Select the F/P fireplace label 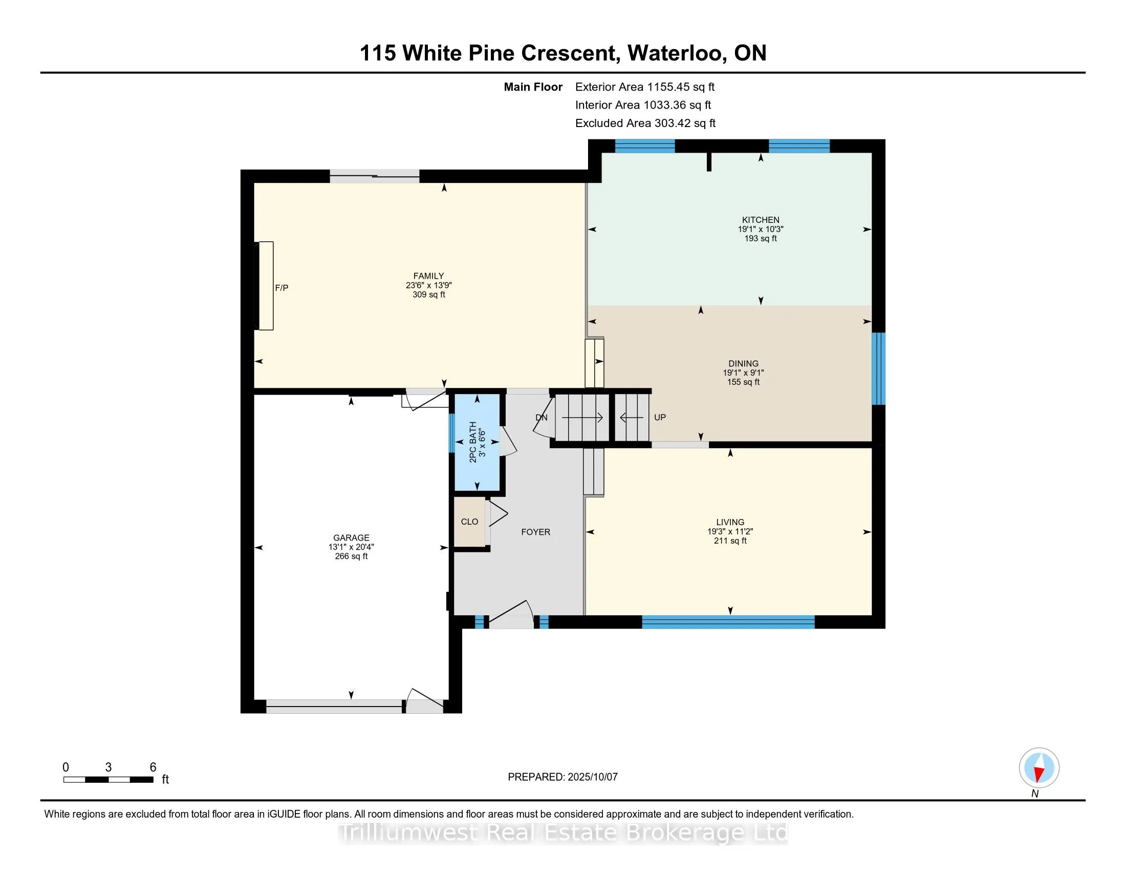[x=281, y=288]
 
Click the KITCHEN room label [x=761, y=220]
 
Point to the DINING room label [x=744, y=363]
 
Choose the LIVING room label [x=730, y=522]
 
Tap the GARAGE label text [x=351, y=537]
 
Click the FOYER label [x=536, y=532]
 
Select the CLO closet [x=470, y=522]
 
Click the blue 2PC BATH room [x=477, y=442]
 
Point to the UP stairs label [x=660, y=418]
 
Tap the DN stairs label [x=542, y=418]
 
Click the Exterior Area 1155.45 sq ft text [x=645, y=87]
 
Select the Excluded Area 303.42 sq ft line [x=645, y=123]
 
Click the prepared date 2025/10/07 [x=592, y=777]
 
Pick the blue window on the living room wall [x=728, y=622]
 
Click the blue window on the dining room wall [x=878, y=368]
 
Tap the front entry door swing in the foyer [x=511, y=614]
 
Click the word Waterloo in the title [x=676, y=53]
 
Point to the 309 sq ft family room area [x=429, y=295]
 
